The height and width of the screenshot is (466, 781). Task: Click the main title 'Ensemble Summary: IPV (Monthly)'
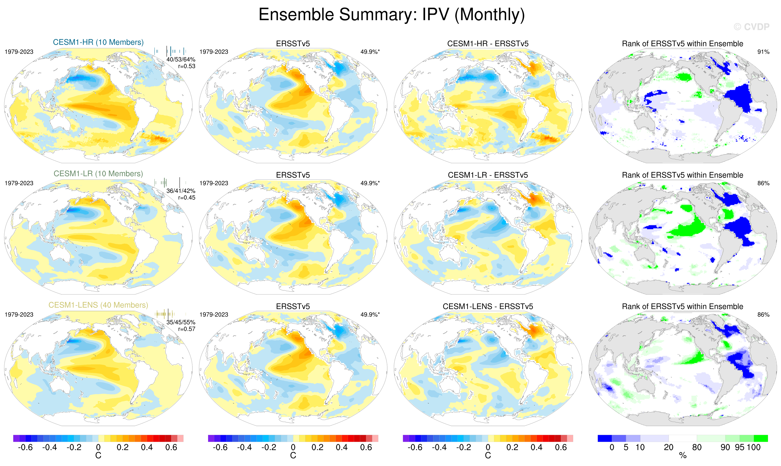391,15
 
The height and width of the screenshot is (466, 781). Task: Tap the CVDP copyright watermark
751,27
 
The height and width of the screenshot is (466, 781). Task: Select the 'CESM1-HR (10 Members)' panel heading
98,42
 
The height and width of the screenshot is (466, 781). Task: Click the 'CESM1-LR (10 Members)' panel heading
98,174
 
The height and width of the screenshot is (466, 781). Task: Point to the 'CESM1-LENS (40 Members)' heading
98,305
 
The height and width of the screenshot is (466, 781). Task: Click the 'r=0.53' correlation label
187,66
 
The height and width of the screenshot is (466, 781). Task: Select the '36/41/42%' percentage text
181,191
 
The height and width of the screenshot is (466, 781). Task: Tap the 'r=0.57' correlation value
187,329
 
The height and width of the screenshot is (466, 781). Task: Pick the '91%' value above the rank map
763,52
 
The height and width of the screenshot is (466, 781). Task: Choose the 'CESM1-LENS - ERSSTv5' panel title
488,307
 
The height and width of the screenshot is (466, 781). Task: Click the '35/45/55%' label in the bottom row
181,322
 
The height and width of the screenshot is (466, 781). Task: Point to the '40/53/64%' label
181,59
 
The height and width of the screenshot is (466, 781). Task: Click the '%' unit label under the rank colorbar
683,456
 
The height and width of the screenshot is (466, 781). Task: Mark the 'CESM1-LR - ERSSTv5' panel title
488,175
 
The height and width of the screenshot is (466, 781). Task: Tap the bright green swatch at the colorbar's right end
761,438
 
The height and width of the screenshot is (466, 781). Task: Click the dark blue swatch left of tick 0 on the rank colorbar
604,438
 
